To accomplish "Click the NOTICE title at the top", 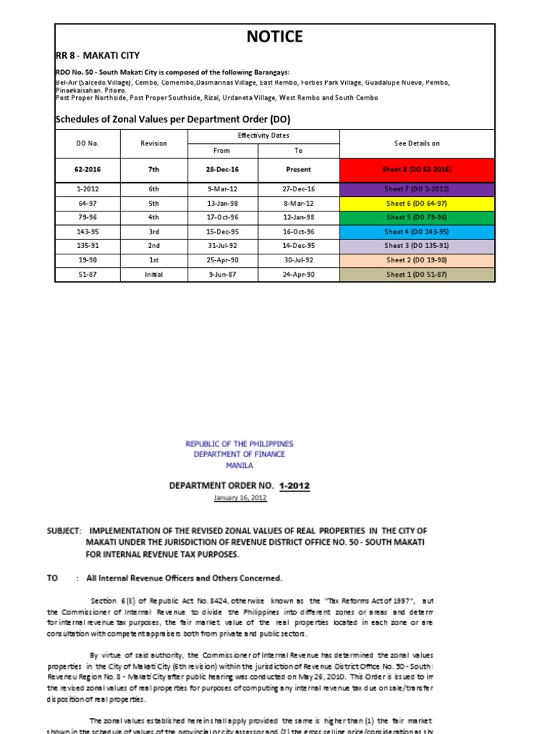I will click(275, 37).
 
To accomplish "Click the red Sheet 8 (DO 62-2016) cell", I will click(417, 170).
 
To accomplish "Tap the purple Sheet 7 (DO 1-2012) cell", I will click(417, 189).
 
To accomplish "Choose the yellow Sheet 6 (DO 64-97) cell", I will click(417, 203).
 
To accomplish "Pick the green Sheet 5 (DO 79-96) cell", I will click(417, 217).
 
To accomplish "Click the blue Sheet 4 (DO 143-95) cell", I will click(417, 232).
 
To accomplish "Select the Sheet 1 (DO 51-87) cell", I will click(417, 275).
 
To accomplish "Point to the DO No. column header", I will click(87, 143).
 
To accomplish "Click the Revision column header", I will click(153, 143).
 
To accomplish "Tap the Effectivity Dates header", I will click(263, 135).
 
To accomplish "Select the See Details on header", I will click(417, 143).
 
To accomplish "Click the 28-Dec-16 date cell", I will click(222, 170).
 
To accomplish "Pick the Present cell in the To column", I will click(299, 170).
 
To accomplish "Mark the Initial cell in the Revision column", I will click(153, 275).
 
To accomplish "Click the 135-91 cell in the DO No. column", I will click(87, 246).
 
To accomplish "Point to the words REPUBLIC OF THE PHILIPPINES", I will click(239, 444).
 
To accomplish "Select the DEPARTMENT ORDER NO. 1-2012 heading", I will click(239, 485).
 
